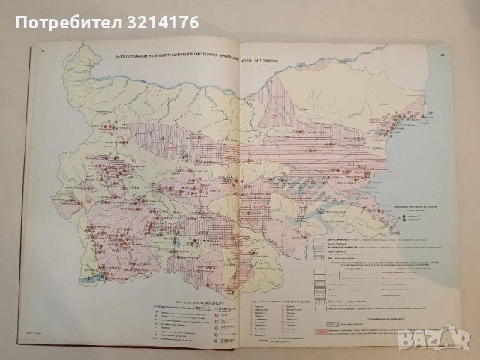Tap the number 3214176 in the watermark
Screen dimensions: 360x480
pyautogui.click(x=163, y=22)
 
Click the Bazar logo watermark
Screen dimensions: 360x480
pyautogui.click(x=451, y=340)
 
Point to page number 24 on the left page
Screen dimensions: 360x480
pyautogui.click(x=42, y=52)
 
